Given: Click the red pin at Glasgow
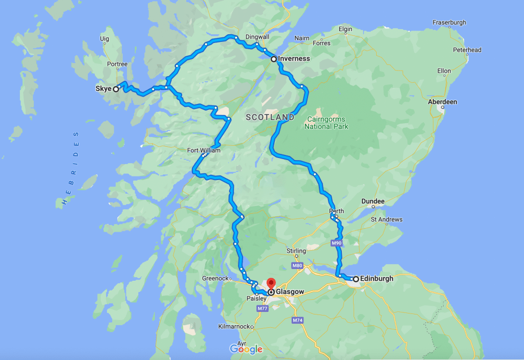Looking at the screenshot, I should [271, 283].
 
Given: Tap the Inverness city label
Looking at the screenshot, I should [294, 59].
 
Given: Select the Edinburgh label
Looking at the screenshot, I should [377, 279].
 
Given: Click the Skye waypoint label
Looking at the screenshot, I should [103, 89].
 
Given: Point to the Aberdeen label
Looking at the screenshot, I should [442, 102].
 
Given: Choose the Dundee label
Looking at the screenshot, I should [373, 201].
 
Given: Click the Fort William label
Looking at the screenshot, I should [204, 150].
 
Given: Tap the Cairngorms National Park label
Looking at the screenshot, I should [326, 123].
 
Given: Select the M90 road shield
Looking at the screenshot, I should [336, 243].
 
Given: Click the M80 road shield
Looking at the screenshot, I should [297, 266].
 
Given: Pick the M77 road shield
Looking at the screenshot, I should [263, 309].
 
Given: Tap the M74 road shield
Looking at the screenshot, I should [297, 320].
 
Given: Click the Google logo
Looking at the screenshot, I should [246, 349].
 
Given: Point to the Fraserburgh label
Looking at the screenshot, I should [449, 37].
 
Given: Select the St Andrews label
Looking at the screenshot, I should [386, 219].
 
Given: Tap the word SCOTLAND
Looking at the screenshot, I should [270, 117].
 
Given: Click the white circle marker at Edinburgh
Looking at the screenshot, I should [356, 279].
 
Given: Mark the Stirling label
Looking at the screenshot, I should [296, 251].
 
